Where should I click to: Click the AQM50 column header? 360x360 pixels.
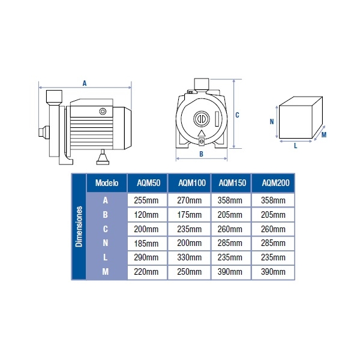point(148,183)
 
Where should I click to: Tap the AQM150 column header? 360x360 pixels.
point(232,183)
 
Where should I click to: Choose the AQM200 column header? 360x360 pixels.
point(274,183)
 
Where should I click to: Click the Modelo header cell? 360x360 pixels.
point(107,183)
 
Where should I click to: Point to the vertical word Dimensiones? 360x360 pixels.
point(79,228)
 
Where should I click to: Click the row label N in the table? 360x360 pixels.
point(106,243)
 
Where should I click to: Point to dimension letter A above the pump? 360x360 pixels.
point(85,83)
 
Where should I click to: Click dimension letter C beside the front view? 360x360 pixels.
point(238,115)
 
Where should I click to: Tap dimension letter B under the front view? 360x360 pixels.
point(202,154)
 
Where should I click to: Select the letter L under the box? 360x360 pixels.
point(296,145)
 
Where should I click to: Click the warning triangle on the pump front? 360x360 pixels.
point(201,134)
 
